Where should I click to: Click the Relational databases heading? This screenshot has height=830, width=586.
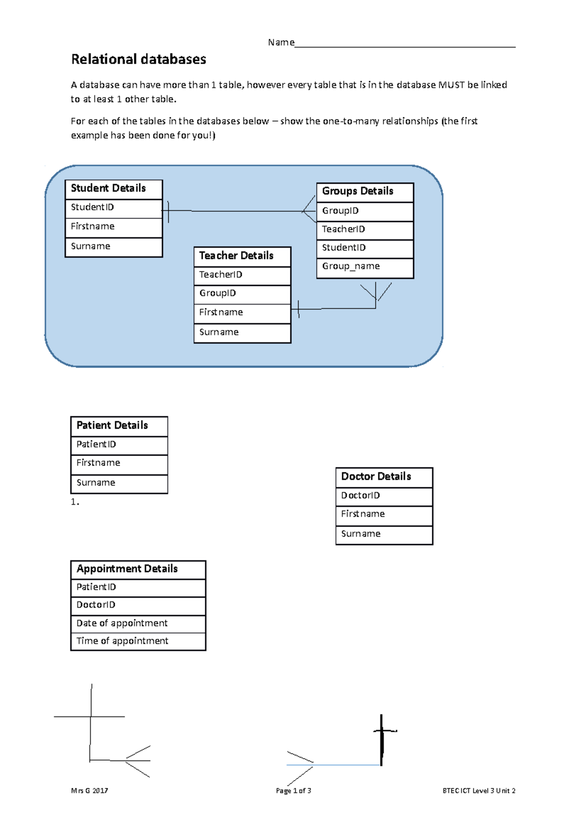139,59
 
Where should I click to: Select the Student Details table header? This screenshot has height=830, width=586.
113,189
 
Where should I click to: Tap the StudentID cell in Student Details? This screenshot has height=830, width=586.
113,208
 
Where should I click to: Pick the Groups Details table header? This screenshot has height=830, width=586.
365,192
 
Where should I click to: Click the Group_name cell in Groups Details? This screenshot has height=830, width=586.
365,267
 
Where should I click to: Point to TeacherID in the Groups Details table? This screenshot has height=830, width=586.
365,230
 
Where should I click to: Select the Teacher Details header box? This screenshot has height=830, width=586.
242,256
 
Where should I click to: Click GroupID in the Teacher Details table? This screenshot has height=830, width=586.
242,294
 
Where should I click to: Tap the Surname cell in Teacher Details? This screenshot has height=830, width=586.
242,332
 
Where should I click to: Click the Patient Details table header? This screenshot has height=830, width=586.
119,426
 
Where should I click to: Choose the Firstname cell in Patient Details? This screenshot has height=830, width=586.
119,463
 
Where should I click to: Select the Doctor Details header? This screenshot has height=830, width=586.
384,477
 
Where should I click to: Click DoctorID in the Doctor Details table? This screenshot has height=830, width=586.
384,496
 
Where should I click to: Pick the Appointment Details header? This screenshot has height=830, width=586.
138,569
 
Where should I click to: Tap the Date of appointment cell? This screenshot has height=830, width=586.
138,624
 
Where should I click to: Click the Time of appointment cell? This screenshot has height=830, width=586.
138,641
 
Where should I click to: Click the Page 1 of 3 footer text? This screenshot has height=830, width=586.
293,791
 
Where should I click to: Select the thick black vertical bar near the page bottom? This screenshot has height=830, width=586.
382,740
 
